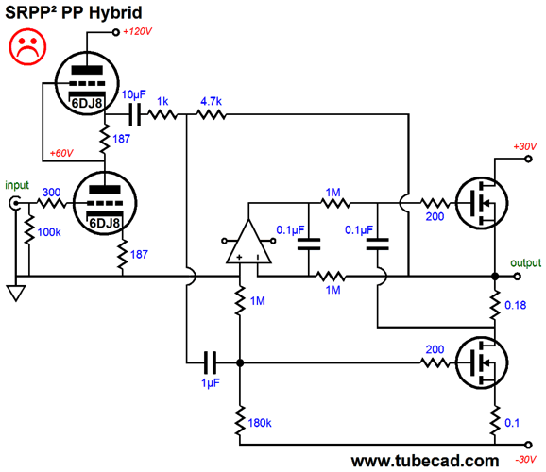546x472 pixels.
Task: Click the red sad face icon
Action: point(27,47)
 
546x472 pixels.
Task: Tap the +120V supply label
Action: point(138,32)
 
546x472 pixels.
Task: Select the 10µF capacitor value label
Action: point(134,94)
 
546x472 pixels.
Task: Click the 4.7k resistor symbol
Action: point(212,114)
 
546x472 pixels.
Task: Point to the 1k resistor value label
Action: point(162,101)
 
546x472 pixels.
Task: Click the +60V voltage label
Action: point(61,153)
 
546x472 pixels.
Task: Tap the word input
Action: point(17,185)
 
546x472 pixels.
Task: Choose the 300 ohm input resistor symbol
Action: point(51,203)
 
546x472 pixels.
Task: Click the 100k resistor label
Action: point(49,232)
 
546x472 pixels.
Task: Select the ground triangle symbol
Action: point(16,293)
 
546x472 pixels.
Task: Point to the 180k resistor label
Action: point(260,423)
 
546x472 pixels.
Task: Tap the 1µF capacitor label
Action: point(211,383)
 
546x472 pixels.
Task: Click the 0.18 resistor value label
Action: point(516,305)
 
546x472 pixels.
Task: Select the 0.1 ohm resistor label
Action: point(512,423)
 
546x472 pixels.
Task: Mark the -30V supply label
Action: point(526,460)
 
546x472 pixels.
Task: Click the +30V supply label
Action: point(525,146)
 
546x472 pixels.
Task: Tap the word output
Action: point(526,262)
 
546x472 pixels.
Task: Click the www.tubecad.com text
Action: point(425,461)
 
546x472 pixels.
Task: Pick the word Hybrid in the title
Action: point(115,13)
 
